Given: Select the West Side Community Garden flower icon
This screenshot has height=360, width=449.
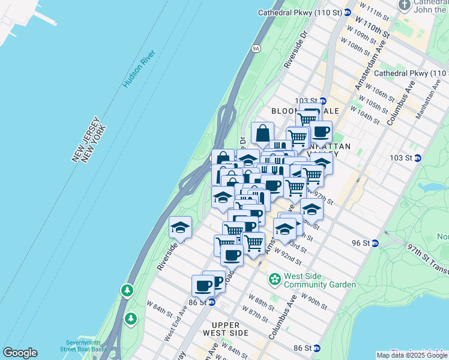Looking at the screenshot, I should [275, 279].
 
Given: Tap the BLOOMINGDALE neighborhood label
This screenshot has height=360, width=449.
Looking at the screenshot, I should [305, 111].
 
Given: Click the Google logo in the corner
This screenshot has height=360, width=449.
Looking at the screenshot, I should [20, 353].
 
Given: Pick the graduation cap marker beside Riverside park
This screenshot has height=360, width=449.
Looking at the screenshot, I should [180, 227].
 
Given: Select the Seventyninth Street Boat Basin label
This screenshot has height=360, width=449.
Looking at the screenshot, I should [83, 346].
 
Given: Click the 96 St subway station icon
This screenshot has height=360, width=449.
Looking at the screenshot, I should [375, 243].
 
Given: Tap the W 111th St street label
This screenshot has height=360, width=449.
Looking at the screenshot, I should [373, 10].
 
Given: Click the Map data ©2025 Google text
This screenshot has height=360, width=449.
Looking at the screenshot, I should [412, 355].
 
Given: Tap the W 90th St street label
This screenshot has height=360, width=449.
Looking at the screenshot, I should [313, 301].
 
